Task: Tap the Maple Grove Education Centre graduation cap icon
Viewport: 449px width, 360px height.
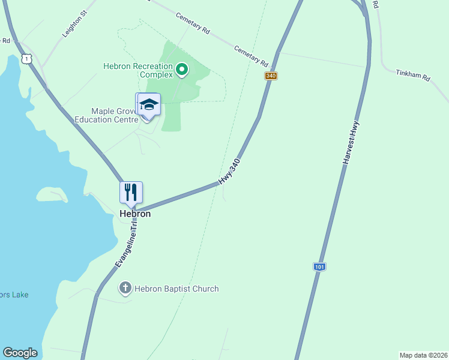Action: pos(149,105)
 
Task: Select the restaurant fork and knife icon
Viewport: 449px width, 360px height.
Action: pos(131,193)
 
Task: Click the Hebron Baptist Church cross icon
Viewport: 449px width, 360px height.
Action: pos(125,289)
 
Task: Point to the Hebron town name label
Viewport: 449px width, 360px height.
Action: pos(134,214)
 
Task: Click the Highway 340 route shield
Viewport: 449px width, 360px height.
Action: pos(271,76)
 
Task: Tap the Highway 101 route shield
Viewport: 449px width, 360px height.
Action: pos(319,266)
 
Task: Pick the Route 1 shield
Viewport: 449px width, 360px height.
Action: pos(25,58)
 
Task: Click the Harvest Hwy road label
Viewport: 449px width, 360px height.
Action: pos(351,143)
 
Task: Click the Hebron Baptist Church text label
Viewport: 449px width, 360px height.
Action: pos(176,289)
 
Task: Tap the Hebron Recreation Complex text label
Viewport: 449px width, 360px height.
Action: pos(138,70)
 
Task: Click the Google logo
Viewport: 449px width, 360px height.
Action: pos(20,353)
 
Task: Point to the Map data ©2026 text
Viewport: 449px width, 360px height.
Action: pos(423,355)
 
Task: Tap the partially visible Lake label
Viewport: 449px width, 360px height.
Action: pos(14,295)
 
